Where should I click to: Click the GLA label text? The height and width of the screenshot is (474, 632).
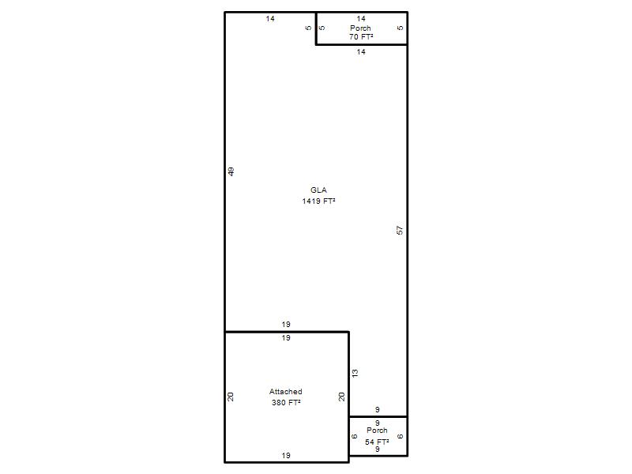[x=318, y=190]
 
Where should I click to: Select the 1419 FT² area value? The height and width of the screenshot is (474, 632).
[x=318, y=201]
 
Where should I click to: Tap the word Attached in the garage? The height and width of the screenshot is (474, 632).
[x=286, y=391]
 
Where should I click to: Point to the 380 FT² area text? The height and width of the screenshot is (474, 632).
[x=286, y=402]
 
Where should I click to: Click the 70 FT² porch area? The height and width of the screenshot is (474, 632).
[x=361, y=36]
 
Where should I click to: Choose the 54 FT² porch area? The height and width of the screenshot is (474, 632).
[x=377, y=442]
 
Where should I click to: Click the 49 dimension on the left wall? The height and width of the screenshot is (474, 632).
[x=231, y=171]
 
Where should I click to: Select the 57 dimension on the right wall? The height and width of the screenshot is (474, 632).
[x=400, y=230]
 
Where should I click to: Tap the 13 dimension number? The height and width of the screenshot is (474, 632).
[x=355, y=373]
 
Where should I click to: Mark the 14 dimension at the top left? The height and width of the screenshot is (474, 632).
[x=270, y=18]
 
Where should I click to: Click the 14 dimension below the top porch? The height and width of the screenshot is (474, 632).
[x=361, y=51]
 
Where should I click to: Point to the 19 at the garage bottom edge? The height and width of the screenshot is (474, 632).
[x=286, y=456]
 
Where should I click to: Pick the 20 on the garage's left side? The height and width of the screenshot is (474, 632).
[x=231, y=397]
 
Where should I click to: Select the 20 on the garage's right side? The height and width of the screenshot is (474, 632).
[x=342, y=397]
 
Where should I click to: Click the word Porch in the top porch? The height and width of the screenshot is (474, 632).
[x=360, y=28]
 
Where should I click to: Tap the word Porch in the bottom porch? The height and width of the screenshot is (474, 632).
[x=377, y=431]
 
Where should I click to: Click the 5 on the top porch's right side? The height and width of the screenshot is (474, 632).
[x=400, y=28]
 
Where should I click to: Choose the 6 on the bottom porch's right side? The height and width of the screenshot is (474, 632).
[x=400, y=436]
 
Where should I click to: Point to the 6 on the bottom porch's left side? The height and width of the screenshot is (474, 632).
[x=354, y=436]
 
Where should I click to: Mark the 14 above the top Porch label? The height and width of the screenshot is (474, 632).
[x=361, y=18]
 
